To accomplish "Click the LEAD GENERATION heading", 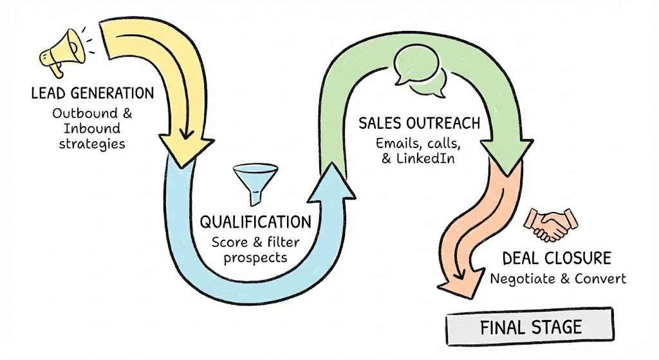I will pos(93,93).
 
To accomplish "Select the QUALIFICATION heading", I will pos(254,223).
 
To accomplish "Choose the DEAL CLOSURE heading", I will pos(556,259).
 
